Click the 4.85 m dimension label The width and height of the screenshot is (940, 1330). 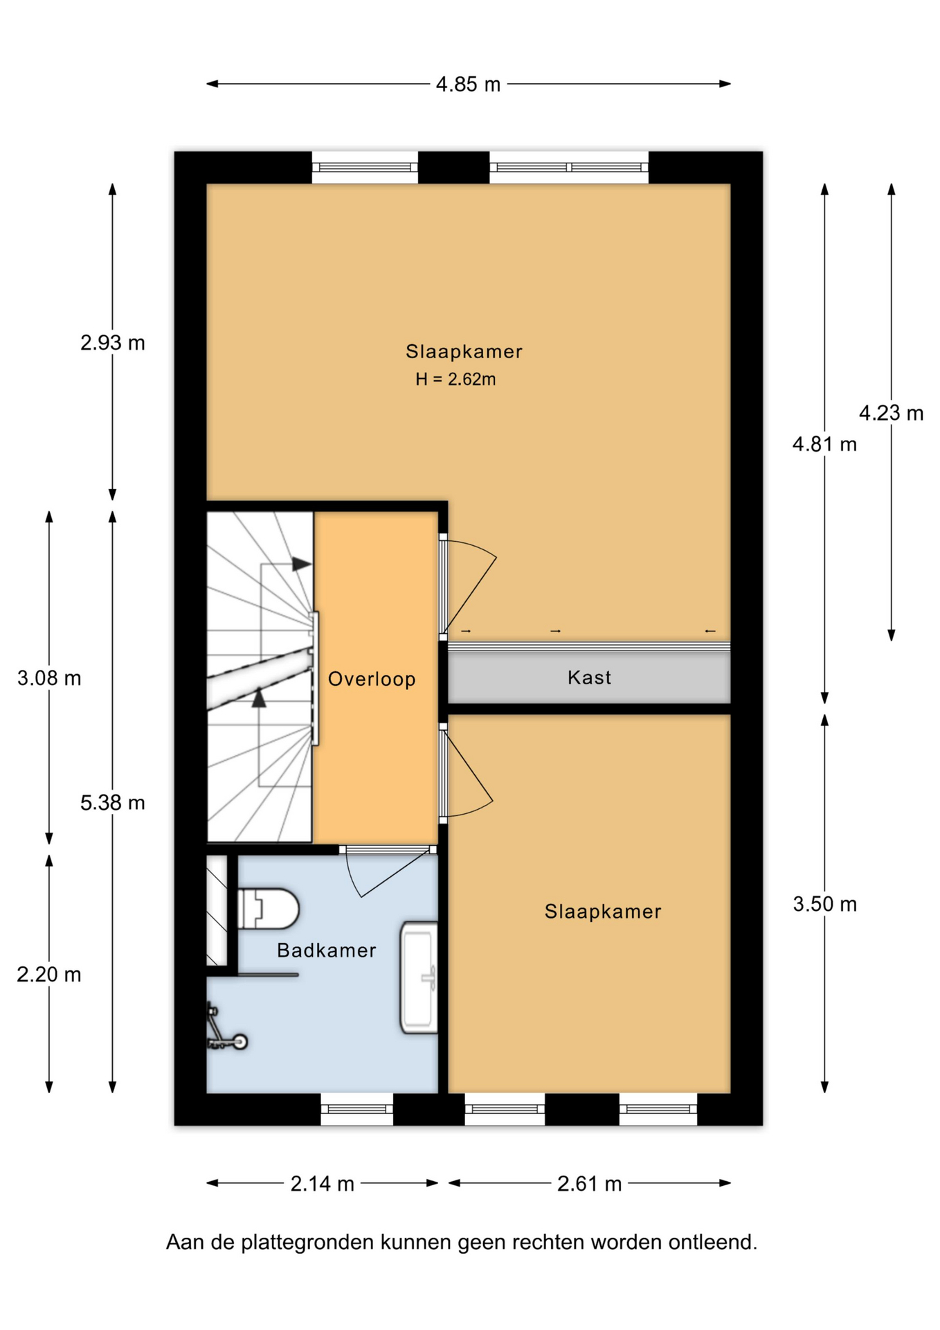tap(468, 85)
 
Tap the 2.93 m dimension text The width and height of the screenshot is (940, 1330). tap(113, 343)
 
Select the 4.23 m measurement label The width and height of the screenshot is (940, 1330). tap(891, 414)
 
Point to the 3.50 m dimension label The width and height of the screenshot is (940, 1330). tap(824, 904)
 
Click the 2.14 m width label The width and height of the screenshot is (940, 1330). tap(323, 1184)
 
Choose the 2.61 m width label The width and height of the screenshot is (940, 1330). tap(590, 1184)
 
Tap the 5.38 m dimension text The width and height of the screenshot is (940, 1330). tap(113, 803)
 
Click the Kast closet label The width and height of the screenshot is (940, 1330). tap(589, 677)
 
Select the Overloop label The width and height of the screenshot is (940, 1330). tap(372, 680)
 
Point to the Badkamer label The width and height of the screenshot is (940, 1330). tap(327, 950)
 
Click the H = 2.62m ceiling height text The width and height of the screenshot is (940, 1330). tap(455, 380)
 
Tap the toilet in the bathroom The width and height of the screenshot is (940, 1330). tap(268, 909)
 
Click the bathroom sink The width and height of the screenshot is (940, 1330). tap(419, 977)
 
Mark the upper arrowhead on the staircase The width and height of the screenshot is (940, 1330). tap(301, 564)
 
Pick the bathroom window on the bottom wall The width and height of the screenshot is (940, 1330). tap(356, 1109)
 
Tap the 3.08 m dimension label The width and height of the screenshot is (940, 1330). tap(49, 678)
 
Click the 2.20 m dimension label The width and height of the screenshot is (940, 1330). tap(49, 975)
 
